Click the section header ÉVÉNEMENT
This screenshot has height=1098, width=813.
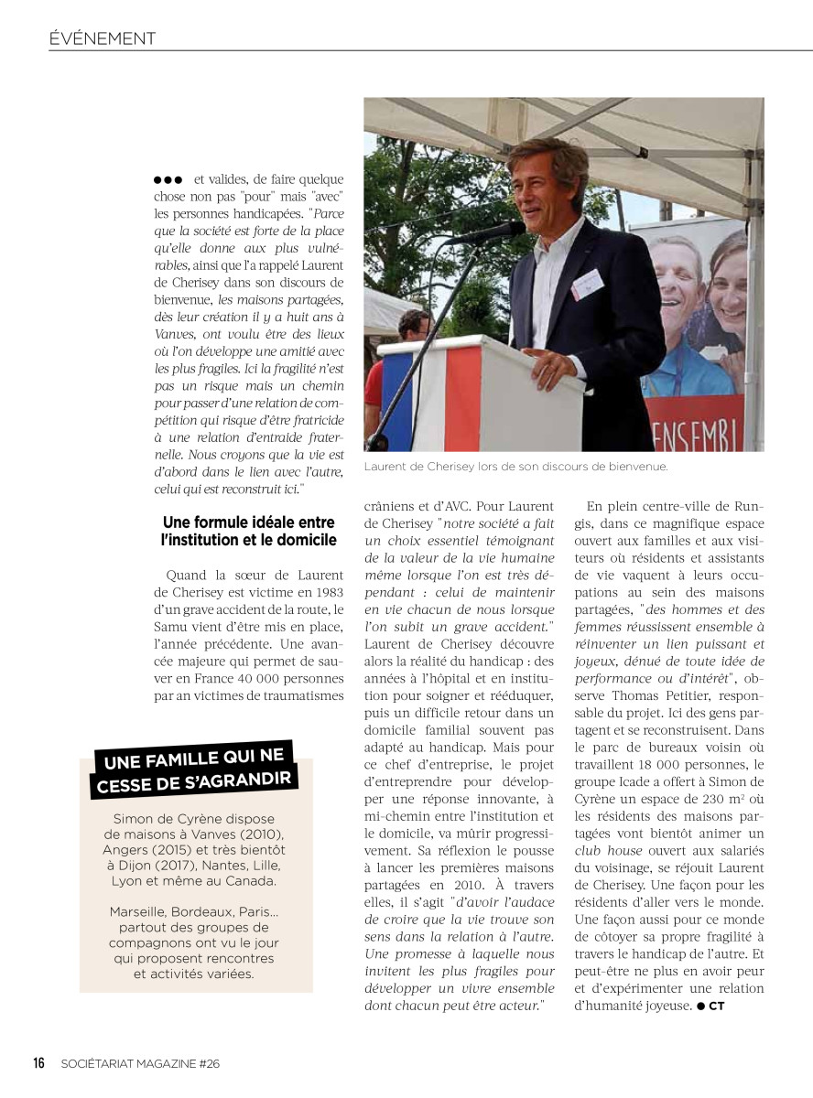pos(103,38)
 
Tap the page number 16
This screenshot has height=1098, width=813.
pos(39,1063)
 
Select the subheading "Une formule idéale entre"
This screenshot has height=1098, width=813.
pos(248,523)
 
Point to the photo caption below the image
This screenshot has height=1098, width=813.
pos(515,467)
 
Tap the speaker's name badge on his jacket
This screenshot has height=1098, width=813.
pos(587,284)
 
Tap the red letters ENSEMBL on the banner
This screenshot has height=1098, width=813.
pos(712,429)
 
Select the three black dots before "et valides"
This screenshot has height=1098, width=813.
pos(168,180)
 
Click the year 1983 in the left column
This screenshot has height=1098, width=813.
pos(326,592)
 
